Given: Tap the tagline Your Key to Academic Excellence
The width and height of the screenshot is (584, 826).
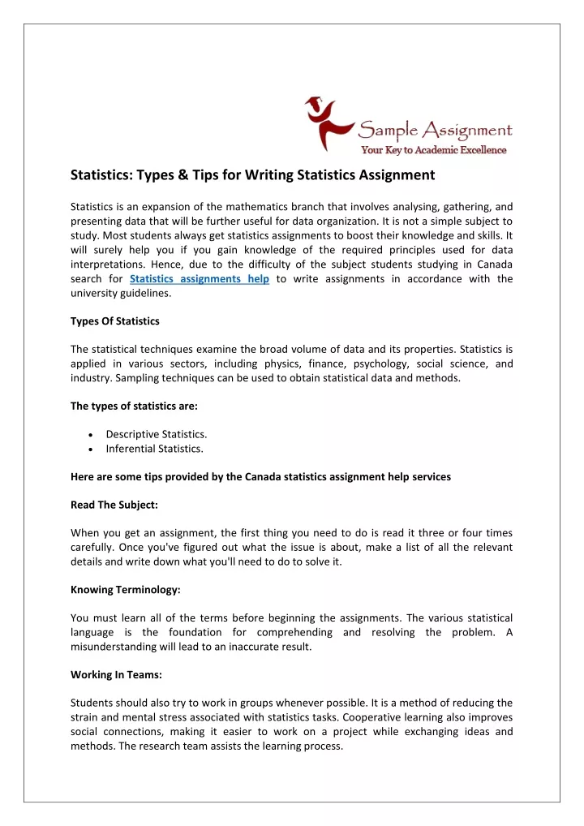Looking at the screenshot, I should pyautogui.click(x=433, y=149).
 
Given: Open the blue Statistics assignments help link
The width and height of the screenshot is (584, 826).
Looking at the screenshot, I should pyautogui.click(x=200, y=279).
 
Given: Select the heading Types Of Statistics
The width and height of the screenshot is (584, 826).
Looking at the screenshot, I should pyautogui.click(x=114, y=321).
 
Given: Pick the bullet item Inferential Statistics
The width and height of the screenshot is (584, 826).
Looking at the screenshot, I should pyautogui.click(x=154, y=448).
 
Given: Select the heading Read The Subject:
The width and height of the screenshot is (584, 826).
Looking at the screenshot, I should pyautogui.click(x=114, y=505).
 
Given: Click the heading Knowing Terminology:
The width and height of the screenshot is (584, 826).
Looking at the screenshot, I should pyautogui.click(x=124, y=590).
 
